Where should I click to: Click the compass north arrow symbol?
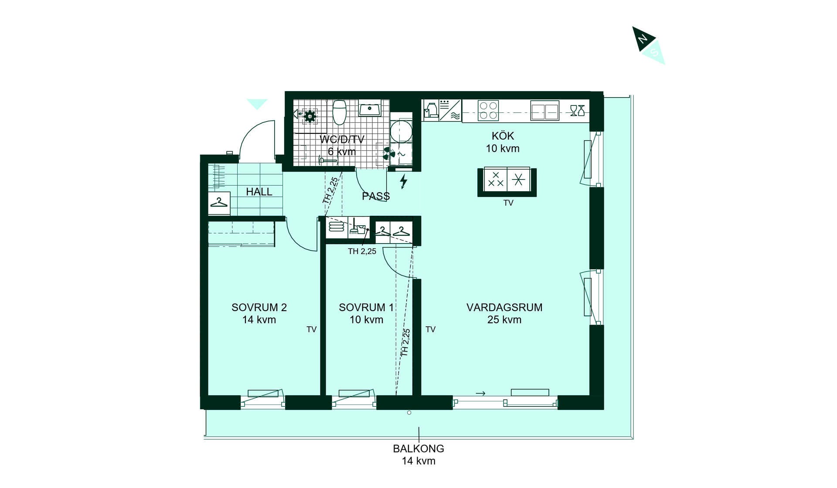[x=649, y=45]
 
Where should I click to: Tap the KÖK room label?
[x=503, y=136]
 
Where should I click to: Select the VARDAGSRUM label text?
[x=504, y=307]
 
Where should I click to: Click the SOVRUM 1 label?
[x=366, y=307]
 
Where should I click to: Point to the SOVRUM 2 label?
[x=259, y=307]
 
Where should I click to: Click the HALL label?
[x=259, y=192]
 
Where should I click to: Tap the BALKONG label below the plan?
[x=418, y=448]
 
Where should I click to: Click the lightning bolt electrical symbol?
[x=404, y=181]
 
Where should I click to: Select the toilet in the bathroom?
[x=340, y=112]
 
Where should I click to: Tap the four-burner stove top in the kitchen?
[x=488, y=111]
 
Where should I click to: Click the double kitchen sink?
[x=544, y=111]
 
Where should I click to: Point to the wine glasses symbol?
[x=577, y=111]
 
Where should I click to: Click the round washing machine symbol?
[x=401, y=131]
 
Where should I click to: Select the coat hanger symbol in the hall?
[x=219, y=203]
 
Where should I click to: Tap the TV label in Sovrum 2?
[x=311, y=329]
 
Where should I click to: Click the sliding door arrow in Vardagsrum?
[x=480, y=393]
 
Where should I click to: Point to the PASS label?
[x=376, y=197]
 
